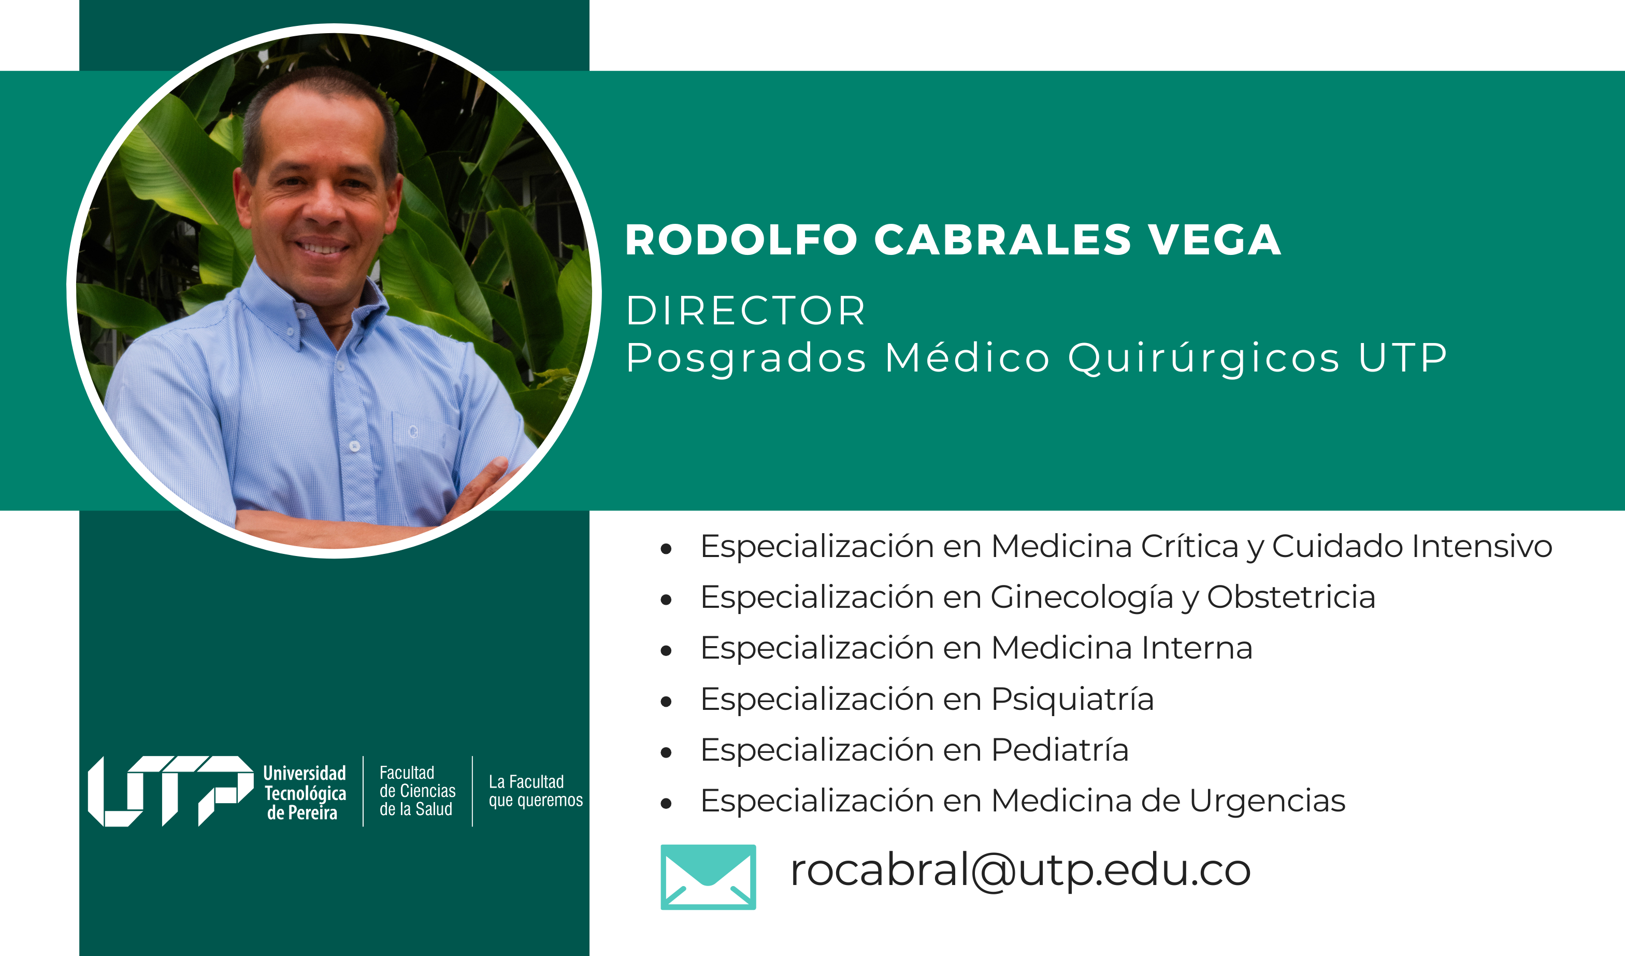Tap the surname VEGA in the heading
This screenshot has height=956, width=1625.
[1214, 240]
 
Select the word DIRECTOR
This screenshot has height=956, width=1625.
[745, 310]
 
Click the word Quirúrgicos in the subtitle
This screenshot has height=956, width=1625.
[1204, 359]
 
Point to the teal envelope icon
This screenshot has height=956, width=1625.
[708, 877]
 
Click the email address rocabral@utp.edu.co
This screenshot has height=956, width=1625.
[1020, 871]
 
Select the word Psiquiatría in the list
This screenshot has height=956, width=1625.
[1072, 700]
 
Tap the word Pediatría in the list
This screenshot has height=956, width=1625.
[1060, 750]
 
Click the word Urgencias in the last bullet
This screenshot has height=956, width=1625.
[1267, 802]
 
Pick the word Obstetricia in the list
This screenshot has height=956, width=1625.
[1291, 597]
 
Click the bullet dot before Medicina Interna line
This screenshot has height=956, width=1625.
[666, 651]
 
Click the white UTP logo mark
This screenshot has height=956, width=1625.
[171, 791]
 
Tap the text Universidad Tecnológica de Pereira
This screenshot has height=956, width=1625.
[305, 793]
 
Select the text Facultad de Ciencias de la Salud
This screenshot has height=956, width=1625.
[417, 791]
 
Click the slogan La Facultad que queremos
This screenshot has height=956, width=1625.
[535, 791]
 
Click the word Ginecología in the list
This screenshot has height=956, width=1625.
[1082, 598]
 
